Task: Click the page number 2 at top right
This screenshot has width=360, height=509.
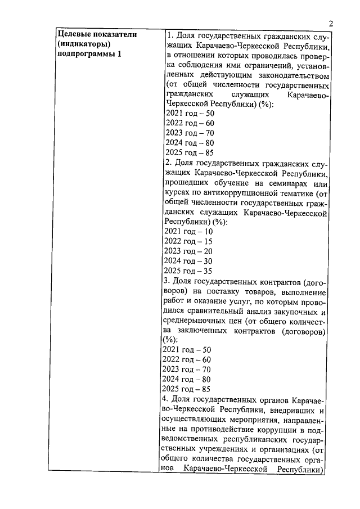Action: point(331,23)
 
